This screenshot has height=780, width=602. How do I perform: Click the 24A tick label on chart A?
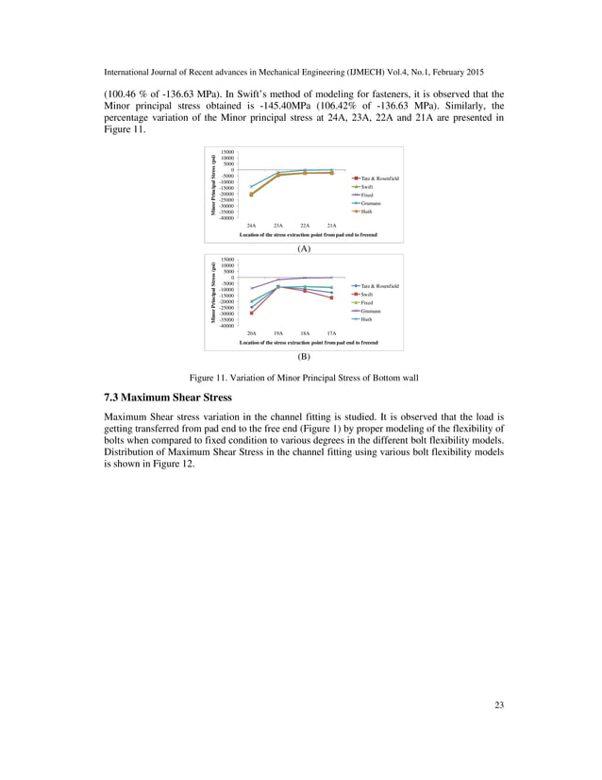[x=251, y=226]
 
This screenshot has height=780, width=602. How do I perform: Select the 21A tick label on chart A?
[x=331, y=226]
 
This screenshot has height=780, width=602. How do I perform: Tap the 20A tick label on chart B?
[x=251, y=333]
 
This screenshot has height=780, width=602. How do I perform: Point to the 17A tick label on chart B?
[x=331, y=333]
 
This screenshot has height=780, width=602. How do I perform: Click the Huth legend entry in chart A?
[x=366, y=212]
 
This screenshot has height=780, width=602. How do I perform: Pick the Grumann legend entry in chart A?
[x=370, y=203]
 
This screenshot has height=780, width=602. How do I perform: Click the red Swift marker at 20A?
[x=251, y=313]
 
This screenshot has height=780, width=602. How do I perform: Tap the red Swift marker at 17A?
[x=331, y=297]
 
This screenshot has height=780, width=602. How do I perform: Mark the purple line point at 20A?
[x=251, y=288]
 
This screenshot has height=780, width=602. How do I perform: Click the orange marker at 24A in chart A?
[x=251, y=195]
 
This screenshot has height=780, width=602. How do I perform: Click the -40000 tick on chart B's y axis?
[x=226, y=325]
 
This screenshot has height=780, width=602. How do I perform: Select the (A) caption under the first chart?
[x=304, y=248]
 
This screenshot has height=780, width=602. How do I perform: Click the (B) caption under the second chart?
[x=304, y=356]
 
